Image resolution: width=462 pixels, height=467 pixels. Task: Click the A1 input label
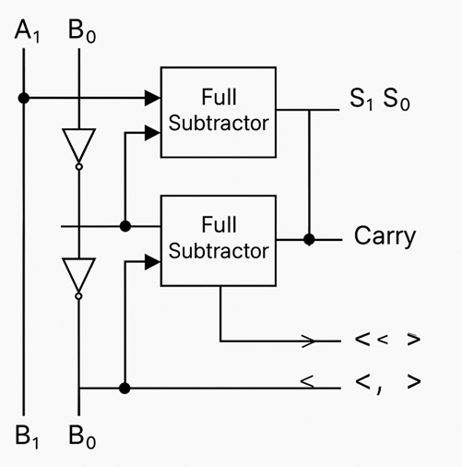tap(27, 30)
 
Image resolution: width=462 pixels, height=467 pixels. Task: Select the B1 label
tap(27, 437)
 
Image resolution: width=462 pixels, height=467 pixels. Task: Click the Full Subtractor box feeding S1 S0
tap(218, 112)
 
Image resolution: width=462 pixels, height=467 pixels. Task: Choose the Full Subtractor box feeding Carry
tap(218, 239)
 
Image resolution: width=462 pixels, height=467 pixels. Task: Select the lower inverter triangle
tap(78, 273)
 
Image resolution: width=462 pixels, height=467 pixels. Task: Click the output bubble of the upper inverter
tap(78, 167)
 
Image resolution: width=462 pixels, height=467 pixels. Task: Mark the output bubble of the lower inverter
tap(78, 296)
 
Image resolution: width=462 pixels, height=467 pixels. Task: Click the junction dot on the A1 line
tap(25, 97)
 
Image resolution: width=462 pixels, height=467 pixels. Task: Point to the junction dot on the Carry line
tap(309, 239)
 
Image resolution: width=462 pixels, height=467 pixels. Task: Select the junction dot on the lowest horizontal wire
tap(125, 389)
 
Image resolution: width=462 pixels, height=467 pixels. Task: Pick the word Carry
tap(385, 237)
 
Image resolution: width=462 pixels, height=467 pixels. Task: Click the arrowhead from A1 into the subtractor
tap(152, 97)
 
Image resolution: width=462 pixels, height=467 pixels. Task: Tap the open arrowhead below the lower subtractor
tap(308, 341)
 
